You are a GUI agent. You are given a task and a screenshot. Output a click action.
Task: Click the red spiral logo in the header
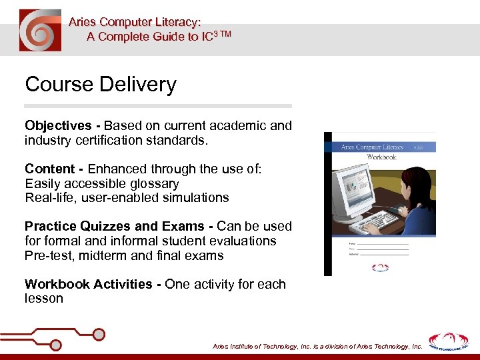click(x=40, y=31)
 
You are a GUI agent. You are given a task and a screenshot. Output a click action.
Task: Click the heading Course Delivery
click(x=101, y=85)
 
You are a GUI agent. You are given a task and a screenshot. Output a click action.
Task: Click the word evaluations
click(x=243, y=241)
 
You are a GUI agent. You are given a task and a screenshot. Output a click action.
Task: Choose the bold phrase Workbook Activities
click(x=89, y=284)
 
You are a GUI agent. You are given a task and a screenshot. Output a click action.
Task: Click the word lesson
click(x=44, y=299)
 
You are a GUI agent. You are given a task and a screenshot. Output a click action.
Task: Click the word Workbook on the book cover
click(x=381, y=157)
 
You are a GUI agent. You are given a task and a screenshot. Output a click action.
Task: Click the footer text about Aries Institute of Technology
click(x=317, y=347)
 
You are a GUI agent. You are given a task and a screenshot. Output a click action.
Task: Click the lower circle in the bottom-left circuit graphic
click(x=56, y=345)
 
